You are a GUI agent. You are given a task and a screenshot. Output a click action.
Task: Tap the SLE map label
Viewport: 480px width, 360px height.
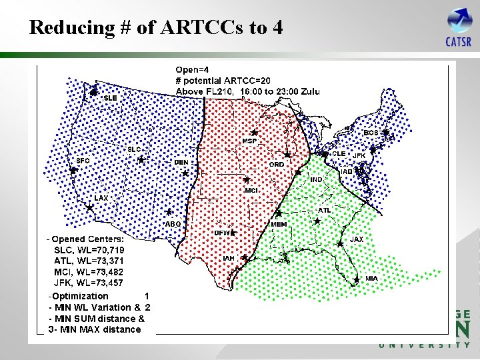point(111,98)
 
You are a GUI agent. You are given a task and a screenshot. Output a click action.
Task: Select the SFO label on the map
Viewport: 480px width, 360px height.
point(83,161)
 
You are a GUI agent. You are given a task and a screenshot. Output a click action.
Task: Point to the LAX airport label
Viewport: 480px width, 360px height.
point(101,198)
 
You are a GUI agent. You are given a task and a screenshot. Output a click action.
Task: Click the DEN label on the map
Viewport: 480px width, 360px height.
point(181,162)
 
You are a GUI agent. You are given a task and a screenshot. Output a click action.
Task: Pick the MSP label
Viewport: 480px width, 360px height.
point(249,141)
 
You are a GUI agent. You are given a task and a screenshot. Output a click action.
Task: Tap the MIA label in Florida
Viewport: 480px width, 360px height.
point(372,278)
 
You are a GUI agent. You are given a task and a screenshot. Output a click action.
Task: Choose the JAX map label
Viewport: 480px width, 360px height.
point(357,239)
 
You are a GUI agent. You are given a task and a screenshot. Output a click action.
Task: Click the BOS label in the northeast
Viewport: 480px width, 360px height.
point(371,133)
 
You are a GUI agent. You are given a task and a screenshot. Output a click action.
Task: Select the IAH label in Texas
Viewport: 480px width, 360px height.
point(229,258)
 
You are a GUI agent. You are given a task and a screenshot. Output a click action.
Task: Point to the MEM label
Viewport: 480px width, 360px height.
point(279,225)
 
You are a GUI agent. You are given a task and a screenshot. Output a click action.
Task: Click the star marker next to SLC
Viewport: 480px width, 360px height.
point(141,159)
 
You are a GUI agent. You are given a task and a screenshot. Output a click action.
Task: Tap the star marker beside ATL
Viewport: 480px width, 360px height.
point(317,221)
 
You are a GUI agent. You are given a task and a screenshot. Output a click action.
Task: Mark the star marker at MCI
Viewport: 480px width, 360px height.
point(246,180)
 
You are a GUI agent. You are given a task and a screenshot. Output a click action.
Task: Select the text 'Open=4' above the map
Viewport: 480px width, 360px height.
point(193,69)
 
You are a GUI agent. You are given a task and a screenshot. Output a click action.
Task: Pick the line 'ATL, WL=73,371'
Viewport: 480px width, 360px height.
point(89,261)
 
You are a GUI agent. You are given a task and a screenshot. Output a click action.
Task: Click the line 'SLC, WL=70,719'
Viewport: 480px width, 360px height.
point(89,249)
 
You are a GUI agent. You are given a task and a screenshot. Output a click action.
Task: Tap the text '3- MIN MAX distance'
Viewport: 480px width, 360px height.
point(95,329)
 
